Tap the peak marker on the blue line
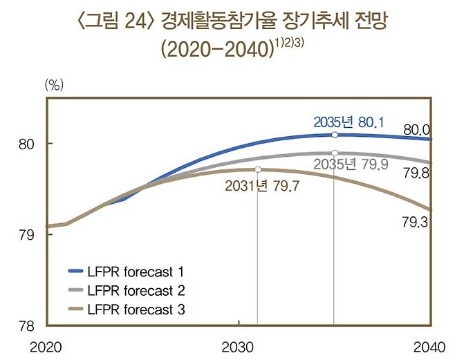(x=334, y=135)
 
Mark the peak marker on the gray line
(x=334, y=153)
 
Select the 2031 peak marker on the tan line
(x=257, y=169)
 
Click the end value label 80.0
(x=417, y=129)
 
